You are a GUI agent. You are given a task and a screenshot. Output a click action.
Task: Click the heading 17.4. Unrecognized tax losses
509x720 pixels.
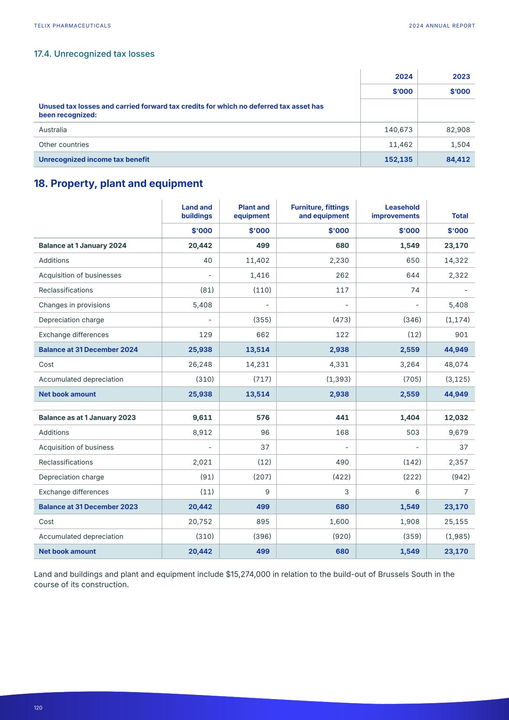coord(94,54)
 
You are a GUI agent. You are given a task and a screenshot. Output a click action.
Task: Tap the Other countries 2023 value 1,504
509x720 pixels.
coord(460,145)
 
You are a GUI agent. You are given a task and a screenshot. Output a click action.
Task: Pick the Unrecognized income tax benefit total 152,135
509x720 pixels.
coord(398,159)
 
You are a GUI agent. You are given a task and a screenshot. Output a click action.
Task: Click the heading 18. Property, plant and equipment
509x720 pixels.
coord(118,183)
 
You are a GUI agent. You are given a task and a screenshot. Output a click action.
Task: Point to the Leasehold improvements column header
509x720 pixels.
coord(395,212)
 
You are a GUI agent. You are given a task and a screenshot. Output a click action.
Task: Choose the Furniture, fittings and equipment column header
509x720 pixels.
coord(320,212)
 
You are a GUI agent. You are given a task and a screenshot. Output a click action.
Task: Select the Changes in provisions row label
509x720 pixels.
coord(74,305)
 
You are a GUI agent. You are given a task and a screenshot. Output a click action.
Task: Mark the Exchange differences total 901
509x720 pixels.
coord(461,335)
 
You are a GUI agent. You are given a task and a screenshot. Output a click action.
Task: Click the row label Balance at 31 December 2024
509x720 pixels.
coord(88,350)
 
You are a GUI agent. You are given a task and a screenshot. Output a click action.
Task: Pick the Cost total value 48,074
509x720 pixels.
coord(456,364)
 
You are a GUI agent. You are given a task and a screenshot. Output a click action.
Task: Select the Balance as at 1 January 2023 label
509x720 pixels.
coord(87,417)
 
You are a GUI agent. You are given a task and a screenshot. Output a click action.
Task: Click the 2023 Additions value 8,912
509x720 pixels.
coord(202,432)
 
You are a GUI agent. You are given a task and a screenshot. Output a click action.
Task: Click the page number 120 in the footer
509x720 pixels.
coord(38,708)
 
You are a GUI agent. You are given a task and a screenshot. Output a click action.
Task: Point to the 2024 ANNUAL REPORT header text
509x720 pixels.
coord(442,25)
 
